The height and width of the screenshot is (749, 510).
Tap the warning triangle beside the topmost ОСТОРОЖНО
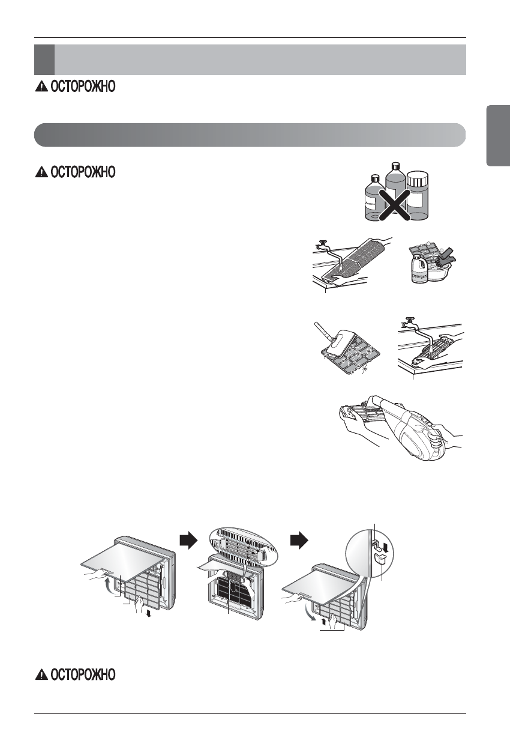point(41,86)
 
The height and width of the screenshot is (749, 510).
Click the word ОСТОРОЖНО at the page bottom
point(82,675)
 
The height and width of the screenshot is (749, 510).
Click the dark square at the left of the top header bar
point(44,59)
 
